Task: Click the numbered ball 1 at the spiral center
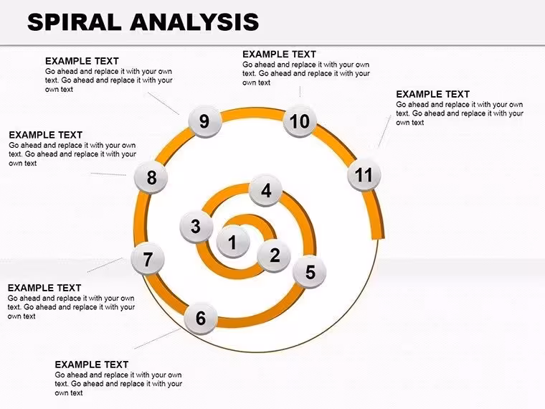pos(233,241)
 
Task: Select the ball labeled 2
pos(274,255)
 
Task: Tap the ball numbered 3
pos(196,227)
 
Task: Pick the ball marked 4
pos(266,190)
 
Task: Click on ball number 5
pos(309,272)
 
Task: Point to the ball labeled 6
pos(201,318)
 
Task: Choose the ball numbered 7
pos(148,259)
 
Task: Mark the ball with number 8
pos(151,177)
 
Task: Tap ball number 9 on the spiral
pos(204,121)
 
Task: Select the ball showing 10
pos(300,121)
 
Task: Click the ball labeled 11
pos(364,174)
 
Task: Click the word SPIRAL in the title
pos(75,22)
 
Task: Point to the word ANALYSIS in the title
pos(194,22)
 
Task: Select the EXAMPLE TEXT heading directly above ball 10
pos(279,55)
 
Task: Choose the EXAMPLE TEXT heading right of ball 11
pos(432,94)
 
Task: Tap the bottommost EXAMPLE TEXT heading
pos(91,365)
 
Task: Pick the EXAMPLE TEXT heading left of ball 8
pos(45,135)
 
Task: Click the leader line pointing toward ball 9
pos(163,103)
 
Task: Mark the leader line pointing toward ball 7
pos(105,265)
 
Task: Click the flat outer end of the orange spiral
pos(378,238)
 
